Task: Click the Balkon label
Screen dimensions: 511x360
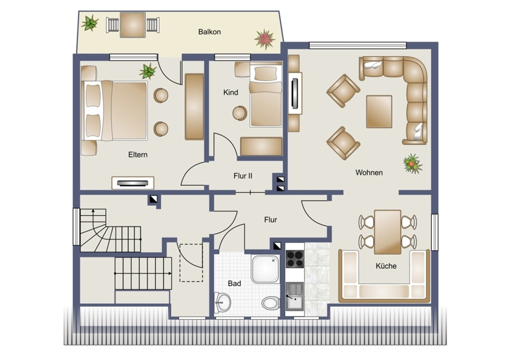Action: [x=210, y=32]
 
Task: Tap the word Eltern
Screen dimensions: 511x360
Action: [x=138, y=154]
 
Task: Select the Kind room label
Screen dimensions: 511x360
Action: [x=231, y=93]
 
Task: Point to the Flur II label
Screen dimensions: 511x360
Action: [x=243, y=176]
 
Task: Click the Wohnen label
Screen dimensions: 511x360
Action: [x=369, y=173]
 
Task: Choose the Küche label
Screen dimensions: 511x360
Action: [x=386, y=266]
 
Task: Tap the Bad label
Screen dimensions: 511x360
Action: [x=234, y=283]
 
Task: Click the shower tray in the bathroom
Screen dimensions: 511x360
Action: [x=265, y=269]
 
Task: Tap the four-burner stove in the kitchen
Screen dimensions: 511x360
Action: [x=294, y=259]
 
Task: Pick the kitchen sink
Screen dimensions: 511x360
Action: [x=294, y=296]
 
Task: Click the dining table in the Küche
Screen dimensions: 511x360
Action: [x=388, y=232]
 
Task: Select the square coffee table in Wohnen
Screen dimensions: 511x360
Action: [x=379, y=112]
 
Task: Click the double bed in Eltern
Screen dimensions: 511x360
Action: [x=114, y=111]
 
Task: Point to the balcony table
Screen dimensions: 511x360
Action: [x=133, y=25]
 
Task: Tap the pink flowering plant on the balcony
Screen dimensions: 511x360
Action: [x=264, y=39]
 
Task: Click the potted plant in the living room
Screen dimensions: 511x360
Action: [x=413, y=163]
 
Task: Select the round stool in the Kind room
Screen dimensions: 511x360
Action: [x=240, y=113]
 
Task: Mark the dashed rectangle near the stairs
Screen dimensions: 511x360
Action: [x=191, y=263]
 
